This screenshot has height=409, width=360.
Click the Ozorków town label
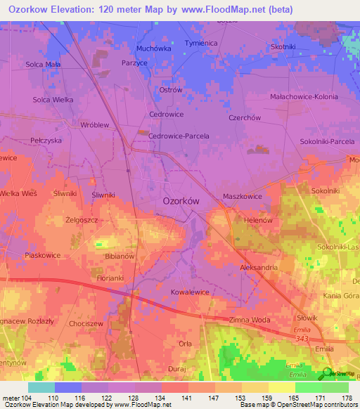[x=182, y=200]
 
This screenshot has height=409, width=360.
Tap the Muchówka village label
[x=153, y=48]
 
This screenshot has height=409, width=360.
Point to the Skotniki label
[x=283, y=46]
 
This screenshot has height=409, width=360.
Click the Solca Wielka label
[x=53, y=100]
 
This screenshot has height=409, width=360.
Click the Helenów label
[x=257, y=219]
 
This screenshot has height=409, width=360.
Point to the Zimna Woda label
[x=250, y=320]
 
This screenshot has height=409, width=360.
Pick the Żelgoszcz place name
[x=82, y=220]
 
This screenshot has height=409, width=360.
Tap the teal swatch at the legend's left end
[x=41, y=387]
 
